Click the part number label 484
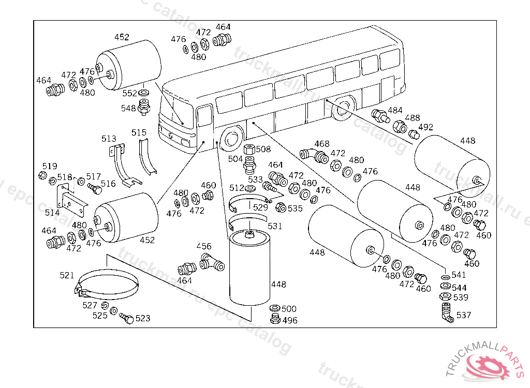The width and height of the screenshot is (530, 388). click(395, 111)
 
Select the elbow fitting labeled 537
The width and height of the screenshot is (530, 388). click(447, 311)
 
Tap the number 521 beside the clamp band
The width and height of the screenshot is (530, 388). click(67, 276)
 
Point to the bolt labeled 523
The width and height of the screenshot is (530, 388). click(126, 318)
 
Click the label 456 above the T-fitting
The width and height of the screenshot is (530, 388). click(204, 247)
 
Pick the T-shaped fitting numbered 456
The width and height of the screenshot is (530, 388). click(212, 263)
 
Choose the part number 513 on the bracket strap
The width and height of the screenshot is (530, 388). click(109, 139)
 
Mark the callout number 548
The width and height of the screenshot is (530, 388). click(128, 109)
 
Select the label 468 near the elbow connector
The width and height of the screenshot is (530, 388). click(321, 144)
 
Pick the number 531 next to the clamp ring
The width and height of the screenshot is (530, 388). click(275, 226)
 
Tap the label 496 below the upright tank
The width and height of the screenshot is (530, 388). click(290, 320)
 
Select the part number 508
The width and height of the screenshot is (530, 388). click(263, 150)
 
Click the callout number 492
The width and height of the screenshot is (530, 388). click(425, 127)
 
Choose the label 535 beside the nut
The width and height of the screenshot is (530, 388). click(295, 209)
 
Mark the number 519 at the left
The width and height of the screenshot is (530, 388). click(50, 166)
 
